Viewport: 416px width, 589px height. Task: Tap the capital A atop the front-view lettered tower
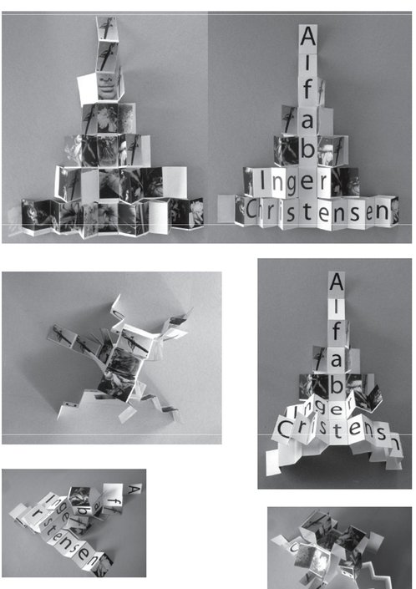[x=309, y=38]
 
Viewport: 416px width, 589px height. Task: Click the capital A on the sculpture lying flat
[x=134, y=488]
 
